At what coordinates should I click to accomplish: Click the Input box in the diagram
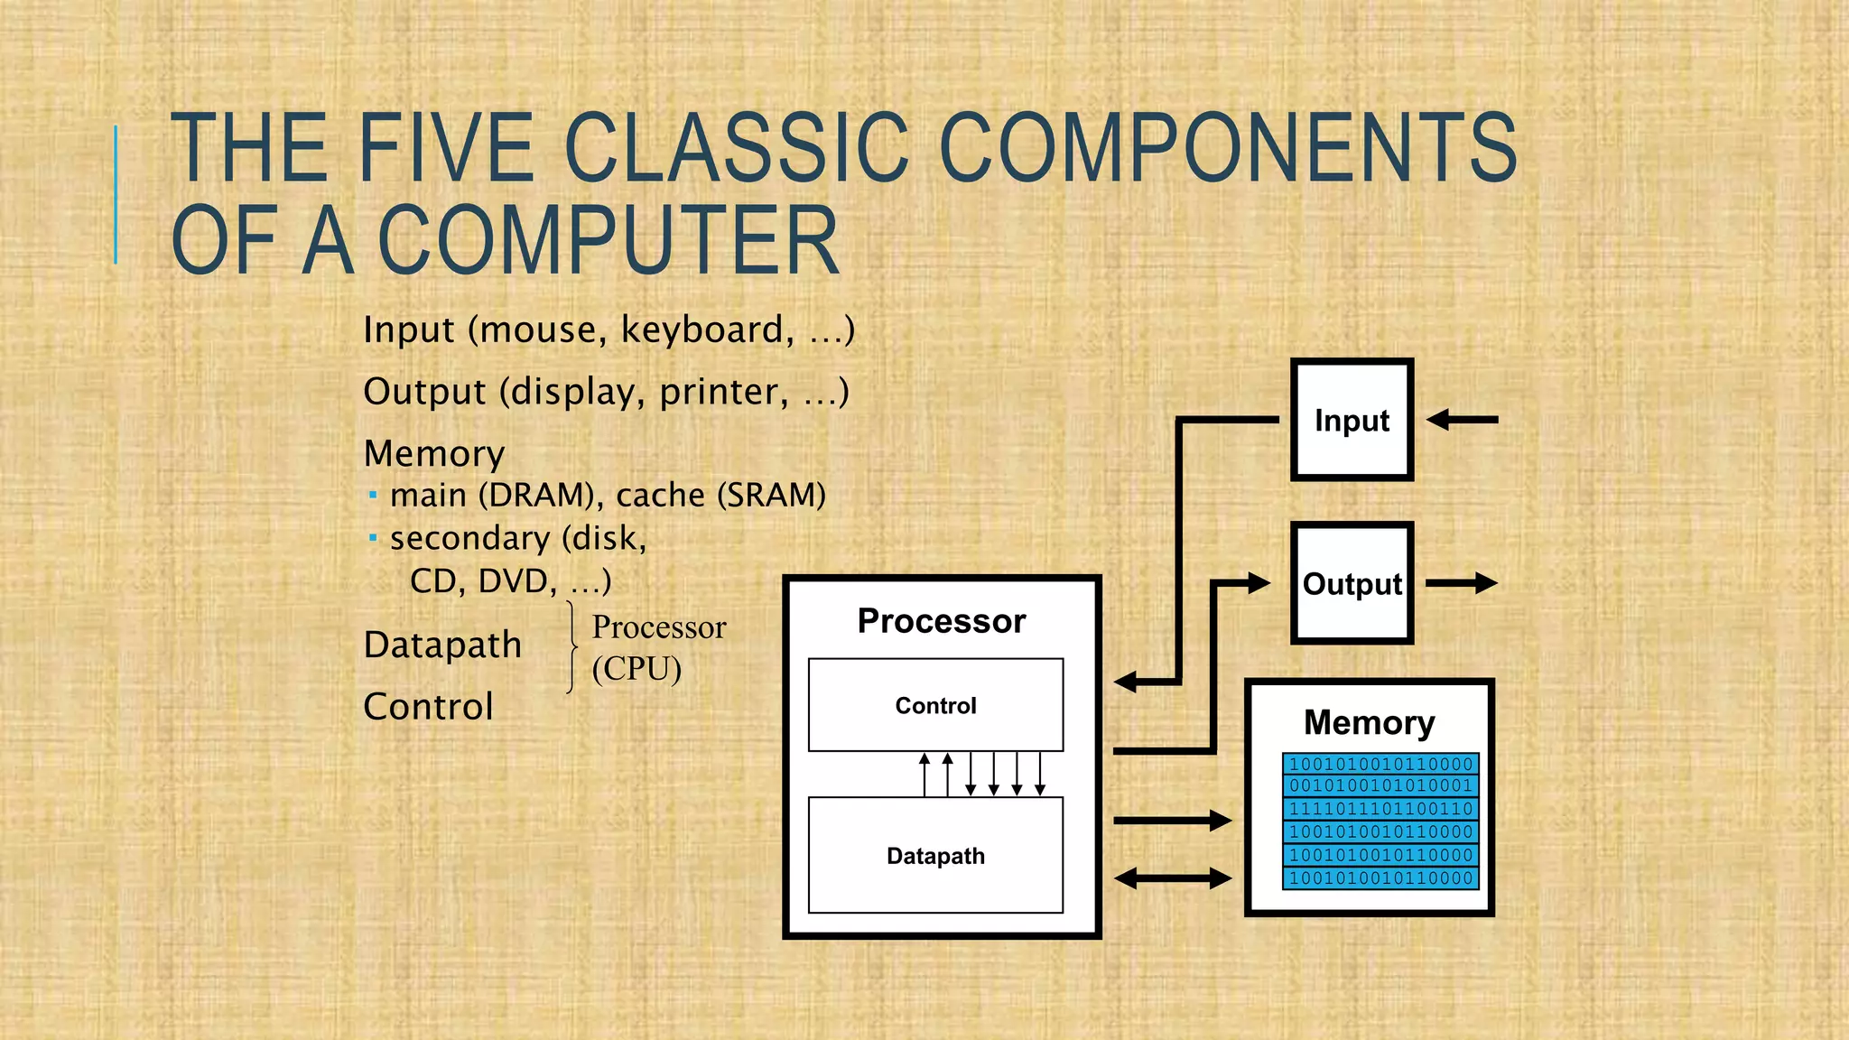1352,420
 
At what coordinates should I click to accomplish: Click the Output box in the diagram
1352,583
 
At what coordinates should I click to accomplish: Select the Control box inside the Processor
935,705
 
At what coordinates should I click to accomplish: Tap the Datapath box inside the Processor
935,855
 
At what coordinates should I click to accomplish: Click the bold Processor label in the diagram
942,621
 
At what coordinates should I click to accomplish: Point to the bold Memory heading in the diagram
1369,722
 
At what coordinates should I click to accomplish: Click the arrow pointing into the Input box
1463,420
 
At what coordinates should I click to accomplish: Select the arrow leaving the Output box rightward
1461,583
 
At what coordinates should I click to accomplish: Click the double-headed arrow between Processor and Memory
1173,877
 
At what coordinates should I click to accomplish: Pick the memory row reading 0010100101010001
1380,785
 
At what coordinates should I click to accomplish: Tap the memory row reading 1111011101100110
1380,809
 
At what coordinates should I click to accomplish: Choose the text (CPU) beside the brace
636,669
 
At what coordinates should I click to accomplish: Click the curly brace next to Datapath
572,647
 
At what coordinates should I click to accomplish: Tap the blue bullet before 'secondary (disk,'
373,538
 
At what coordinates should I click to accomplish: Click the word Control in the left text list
428,707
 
